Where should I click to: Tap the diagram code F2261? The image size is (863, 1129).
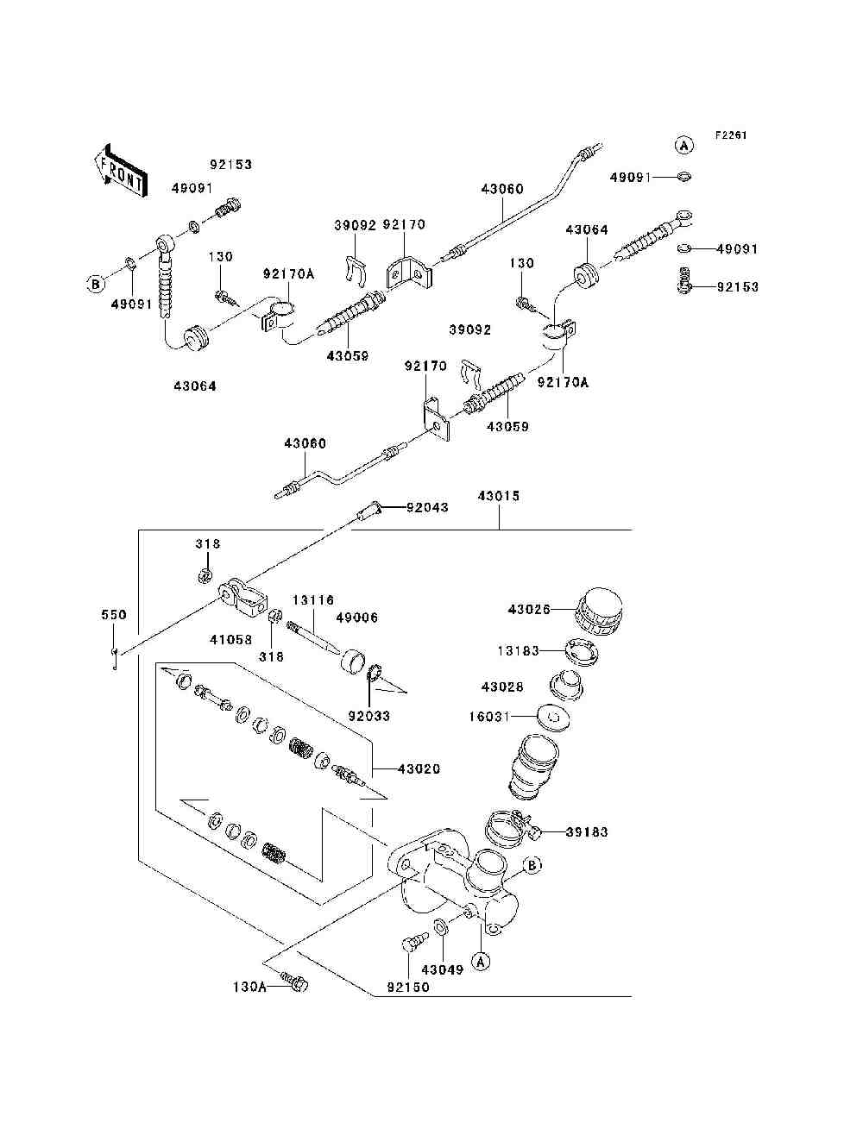[x=731, y=135]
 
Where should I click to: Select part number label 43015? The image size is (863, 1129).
[x=499, y=496]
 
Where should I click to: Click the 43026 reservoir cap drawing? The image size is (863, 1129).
[x=600, y=612]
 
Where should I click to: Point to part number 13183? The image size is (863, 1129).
[x=518, y=651]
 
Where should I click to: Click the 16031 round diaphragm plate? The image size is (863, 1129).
[x=553, y=717]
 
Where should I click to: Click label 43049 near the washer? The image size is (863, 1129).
[x=443, y=969]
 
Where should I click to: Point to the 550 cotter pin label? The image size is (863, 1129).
[x=114, y=615]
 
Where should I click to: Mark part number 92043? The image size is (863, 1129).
[x=428, y=508]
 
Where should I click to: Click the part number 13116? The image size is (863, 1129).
[x=313, y=600]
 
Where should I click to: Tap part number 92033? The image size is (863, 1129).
[x=369, y=716]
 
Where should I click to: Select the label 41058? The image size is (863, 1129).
[x=231, y=640]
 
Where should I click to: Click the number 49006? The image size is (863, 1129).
[x=357, y=618]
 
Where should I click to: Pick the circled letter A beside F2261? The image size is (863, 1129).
[x=683, y=146]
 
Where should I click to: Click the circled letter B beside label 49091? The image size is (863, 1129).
[x=96, y=284]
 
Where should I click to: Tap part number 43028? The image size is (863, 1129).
[x=503, y=687]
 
